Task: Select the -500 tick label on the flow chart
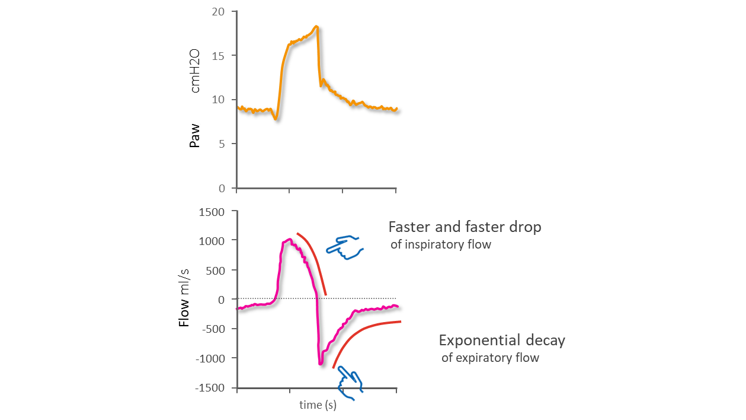[x=215, y=329]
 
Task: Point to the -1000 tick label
[x=212, y=358]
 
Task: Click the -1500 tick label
[x=212, y=388]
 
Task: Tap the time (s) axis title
[x=318, y=405]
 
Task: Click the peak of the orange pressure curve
[x=317, y=26]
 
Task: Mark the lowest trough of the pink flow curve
[x=320, y=363]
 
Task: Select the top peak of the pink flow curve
[x=289, y=239]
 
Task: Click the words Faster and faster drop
[x=465, y=227]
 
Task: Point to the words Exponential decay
[x=501, y=341]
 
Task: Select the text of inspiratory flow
[x=441, y=244]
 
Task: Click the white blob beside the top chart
[x=195, y=110]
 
